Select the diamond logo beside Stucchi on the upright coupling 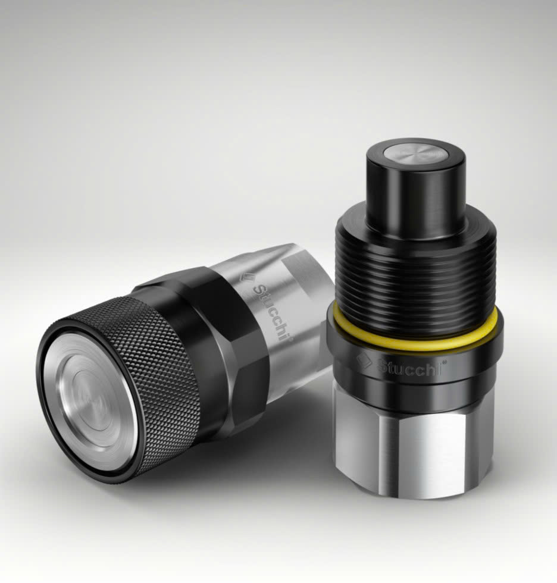point(363,361)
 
